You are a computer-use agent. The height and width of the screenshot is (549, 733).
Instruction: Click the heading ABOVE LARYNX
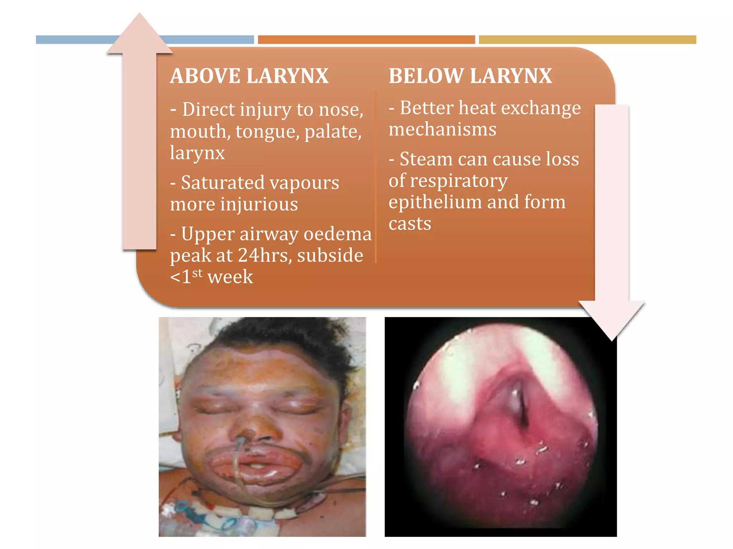[249, 76]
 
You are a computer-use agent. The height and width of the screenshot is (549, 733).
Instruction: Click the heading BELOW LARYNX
[470, 76]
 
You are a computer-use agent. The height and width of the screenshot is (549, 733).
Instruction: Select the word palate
[333, 132]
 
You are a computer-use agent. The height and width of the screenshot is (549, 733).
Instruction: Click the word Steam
[426, 159]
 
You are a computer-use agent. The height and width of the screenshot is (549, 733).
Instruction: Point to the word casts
[410, 224]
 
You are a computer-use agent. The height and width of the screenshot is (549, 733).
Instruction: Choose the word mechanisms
[442, 129]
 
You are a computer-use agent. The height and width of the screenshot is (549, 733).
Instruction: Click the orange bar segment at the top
[366, 40]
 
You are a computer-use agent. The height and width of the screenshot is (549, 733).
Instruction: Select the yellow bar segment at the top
[587, 40]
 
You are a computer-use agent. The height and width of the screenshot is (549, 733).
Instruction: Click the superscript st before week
[197, 273]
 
